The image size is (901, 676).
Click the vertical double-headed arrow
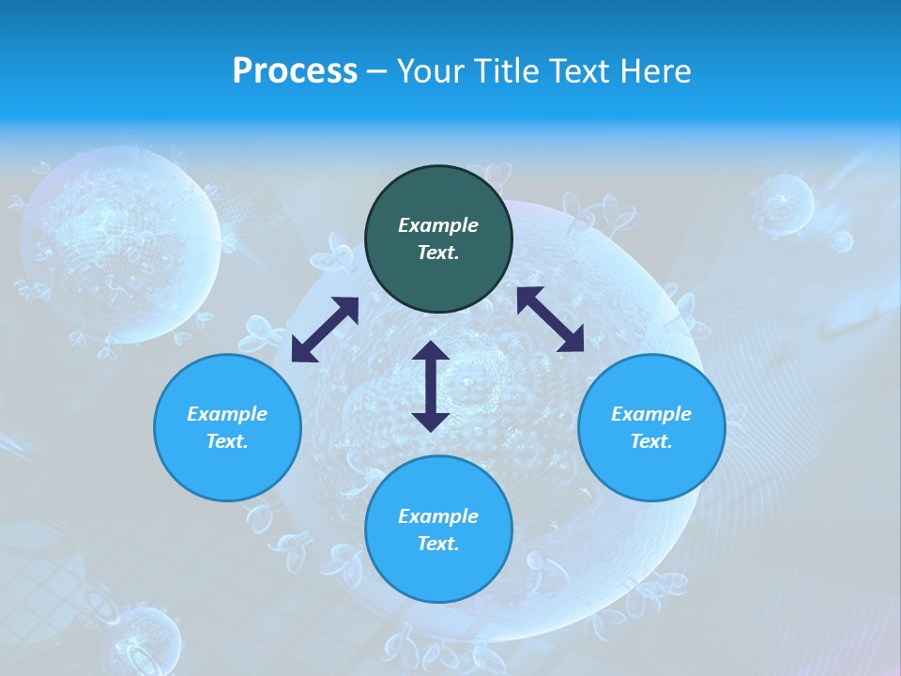pyautogui.click(x=431, y=386)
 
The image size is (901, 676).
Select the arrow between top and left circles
pyautogui.click(x=325, y=330)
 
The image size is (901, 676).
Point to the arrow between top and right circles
pyautogui.click(x=550, y=319)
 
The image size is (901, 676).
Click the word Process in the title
pyautogui.click(x=295, y=70)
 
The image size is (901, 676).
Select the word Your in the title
pyautogui.click(x=432, y=70)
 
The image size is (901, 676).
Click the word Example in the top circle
pyautogui.click(x=438, y=225)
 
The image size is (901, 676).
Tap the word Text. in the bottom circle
pyautogui.click(x=438, y=544)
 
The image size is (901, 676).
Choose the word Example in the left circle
pyautogui.click(x=227, y=414)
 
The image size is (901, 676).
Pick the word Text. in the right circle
pyautogui.click(x=651, y=441)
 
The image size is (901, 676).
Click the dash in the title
pyautogui.click(x=376, y=71)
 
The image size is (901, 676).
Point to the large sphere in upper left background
pyautogui.click(x=120, y=244)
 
